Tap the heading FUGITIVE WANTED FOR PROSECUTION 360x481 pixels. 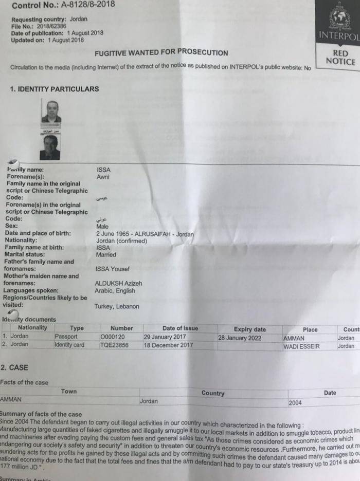click(x=161, y=52)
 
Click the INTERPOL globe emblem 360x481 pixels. click(x=340, y=18)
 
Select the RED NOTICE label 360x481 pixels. click(x=340, y=58)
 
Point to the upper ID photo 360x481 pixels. click(x=51, y=112)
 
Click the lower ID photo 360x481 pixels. click(x=50, y=147)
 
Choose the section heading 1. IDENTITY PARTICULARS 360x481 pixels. click(x=55, y=89)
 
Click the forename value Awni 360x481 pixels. click(x=103, y=177)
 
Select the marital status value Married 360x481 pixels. click(x=106, y=255)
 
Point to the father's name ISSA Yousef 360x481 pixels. click(x=113, y=269)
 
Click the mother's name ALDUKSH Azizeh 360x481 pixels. click(x=119, y=283)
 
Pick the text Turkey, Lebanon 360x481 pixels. click(x=117, y=307)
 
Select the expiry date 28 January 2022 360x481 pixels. click(x=240, y=338)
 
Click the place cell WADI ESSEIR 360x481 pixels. click(x=301, y=346)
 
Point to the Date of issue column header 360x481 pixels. click(x=180, y=328)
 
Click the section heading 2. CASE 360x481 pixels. click(x=14, y=368)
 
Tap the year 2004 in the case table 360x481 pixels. click(x=295, y=403)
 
